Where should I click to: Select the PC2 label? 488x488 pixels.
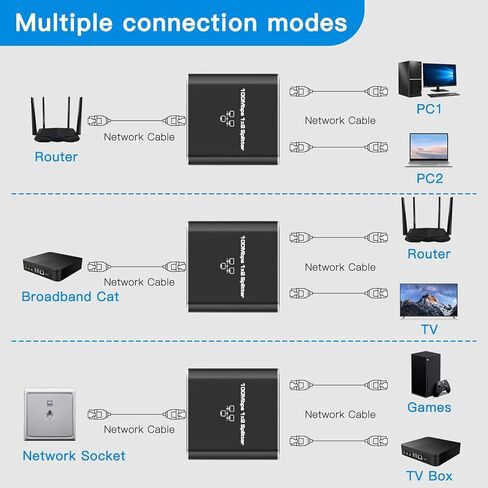[x=429, y=178]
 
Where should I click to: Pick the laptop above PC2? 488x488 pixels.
[x=429, y=150]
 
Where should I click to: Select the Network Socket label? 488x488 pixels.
[x=74, y=455]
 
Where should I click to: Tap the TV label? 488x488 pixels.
[x=429, y=328]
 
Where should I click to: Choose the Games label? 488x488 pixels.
[x=429, y=407]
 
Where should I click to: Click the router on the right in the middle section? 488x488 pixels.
[x=429, y=222]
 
